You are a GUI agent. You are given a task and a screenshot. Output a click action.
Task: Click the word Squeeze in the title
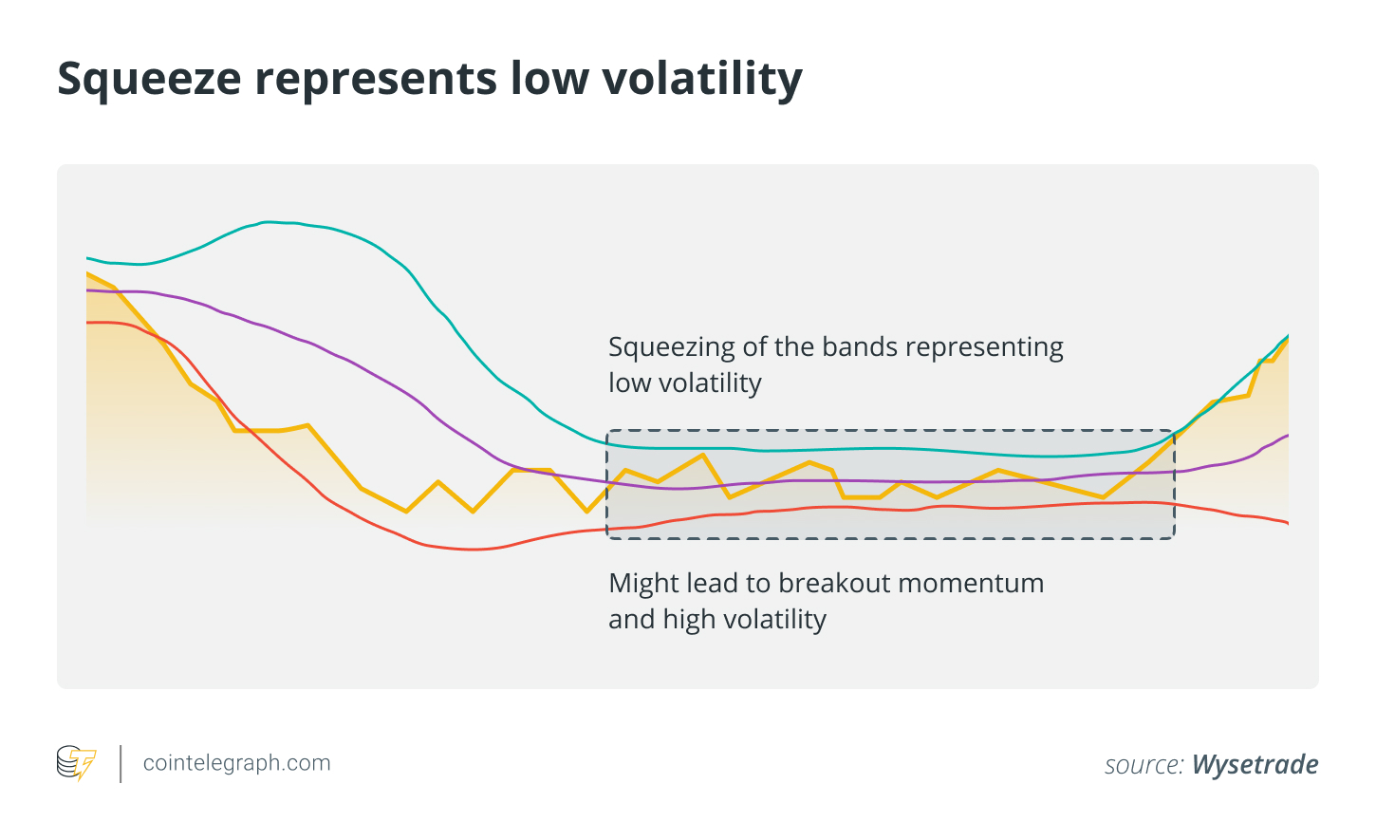pyautogui.click(x=150, y=80)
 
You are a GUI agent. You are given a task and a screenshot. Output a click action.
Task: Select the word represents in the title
pyautogui.click(x=377, y=80)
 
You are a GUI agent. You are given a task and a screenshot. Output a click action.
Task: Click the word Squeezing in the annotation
pyautogui.click(x=671, y=347)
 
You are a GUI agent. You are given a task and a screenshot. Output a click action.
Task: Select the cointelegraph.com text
pyautogui.click(x=236, y=763)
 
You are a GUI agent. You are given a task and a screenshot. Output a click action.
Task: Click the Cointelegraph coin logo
pyautogui.click(x=76, y=763)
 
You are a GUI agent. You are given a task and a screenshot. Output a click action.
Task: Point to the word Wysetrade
pyautogui.click(x=1255, y=764)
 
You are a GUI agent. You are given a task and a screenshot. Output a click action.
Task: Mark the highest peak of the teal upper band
pyautogui.click(x=270, y=222)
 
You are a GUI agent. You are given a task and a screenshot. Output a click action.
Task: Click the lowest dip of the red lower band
pyautogui.click(x=473, y=549)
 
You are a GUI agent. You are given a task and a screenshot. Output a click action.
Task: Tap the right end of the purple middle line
pyautogui.click(x=1288, y=436)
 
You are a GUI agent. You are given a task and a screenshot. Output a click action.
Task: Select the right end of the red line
pyautogui.click(x=1288, y=523)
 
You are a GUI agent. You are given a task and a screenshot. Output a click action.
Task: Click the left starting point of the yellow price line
pyautogui.click(x=87, y=274)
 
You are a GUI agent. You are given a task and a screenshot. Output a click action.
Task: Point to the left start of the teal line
pyautogui.click(x=87, y=258)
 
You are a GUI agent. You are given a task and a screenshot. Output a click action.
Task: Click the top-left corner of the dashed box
pyautogui.click(x=607, y=431)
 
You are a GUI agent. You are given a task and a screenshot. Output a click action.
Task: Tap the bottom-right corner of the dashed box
pyautogui.click(x=1175, y=538)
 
